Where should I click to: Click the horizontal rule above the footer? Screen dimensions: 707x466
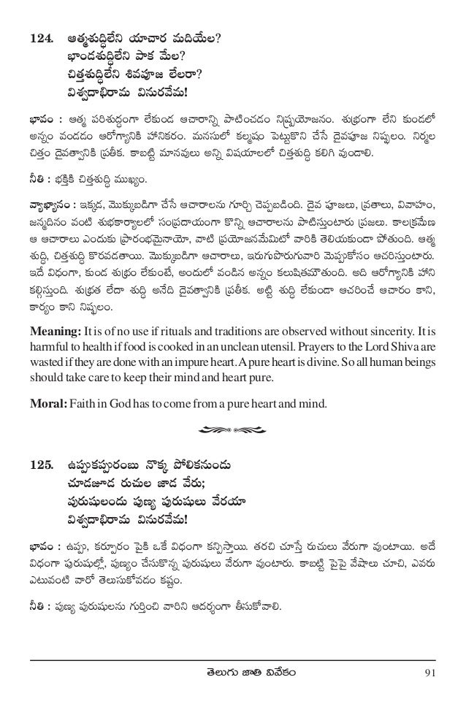232,660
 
